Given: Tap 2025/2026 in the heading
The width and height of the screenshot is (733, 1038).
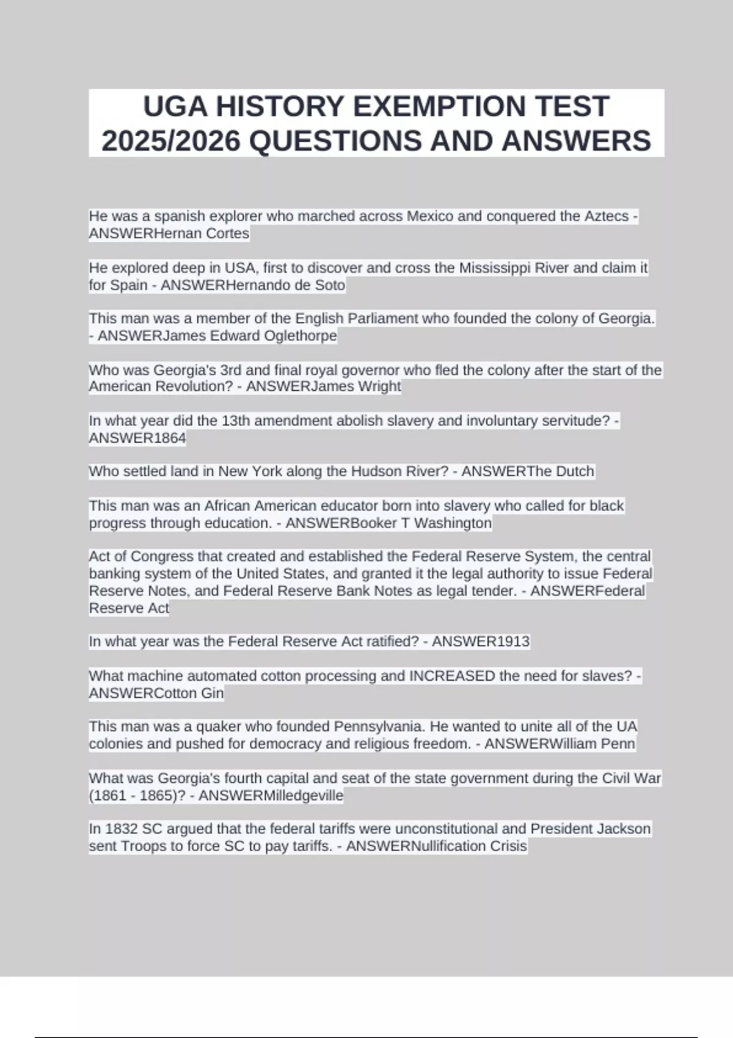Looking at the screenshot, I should [x=171, y=141].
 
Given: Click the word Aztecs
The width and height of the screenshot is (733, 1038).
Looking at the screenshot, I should [x=606, y=216].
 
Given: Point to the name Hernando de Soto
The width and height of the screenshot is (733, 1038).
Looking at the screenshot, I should [x=285, y=285].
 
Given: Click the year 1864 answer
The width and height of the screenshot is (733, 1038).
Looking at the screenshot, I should [x=170, y=438].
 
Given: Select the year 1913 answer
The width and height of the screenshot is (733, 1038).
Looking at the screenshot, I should [x=513, y=642].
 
